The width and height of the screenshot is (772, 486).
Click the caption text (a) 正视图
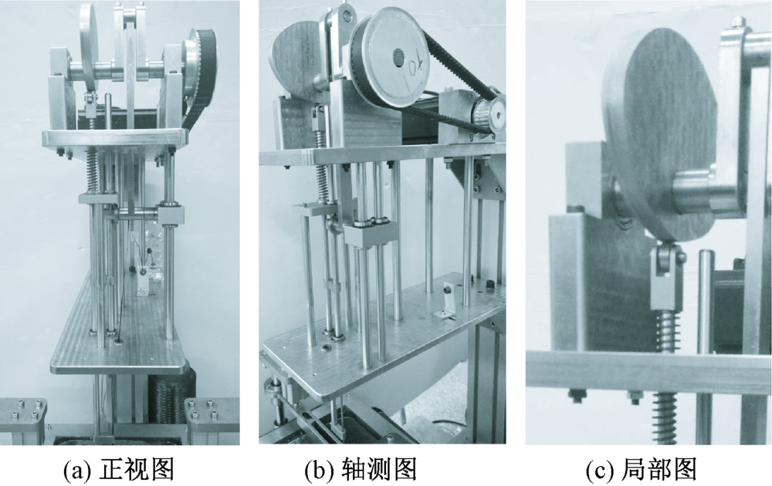click(x=119, y=470)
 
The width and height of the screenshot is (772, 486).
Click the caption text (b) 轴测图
click(x=361, y=470)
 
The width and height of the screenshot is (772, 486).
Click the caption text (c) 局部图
click(x=642, y=470)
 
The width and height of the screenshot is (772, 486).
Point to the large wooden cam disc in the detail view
click(x=661, y=133)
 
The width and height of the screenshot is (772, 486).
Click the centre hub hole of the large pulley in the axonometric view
click(x=397, y=58)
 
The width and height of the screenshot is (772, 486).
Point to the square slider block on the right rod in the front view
click(x=171, y=215)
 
